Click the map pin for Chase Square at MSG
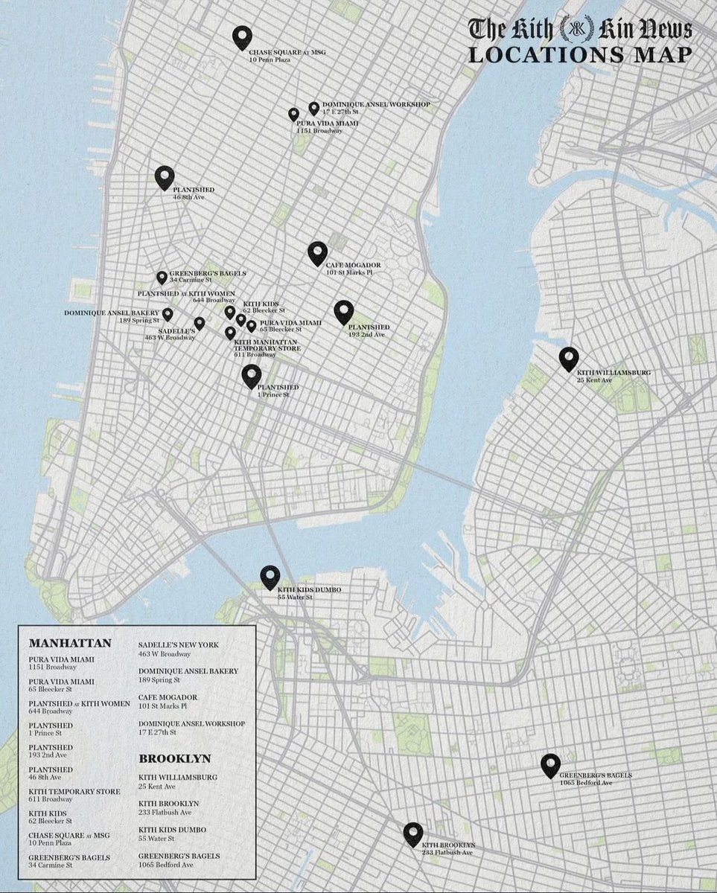tap(241, 36)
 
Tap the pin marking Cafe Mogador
tap(318, 253)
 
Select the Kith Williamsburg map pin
tap(569, 359)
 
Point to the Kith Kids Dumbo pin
tap(270, 577)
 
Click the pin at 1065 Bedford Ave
tap(550, 765)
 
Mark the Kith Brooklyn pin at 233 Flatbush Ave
tap(413, 834)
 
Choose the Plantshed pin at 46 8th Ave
tap(165, 177)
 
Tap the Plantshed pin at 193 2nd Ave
tap(343, 313)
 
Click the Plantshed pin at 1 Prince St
tap(252, 376)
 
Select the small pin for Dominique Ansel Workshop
tap(314, 109)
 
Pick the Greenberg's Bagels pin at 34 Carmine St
tap(162, 278)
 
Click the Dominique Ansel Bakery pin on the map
tap(168, 314)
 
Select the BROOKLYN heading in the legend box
tap(174, 759)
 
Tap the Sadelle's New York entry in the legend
tap(179, 644)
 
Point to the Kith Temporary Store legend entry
tap(74, 791)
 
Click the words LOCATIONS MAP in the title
tap(579, 55)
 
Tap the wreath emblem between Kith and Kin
tap(574, 29)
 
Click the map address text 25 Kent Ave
tap(594, 380)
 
